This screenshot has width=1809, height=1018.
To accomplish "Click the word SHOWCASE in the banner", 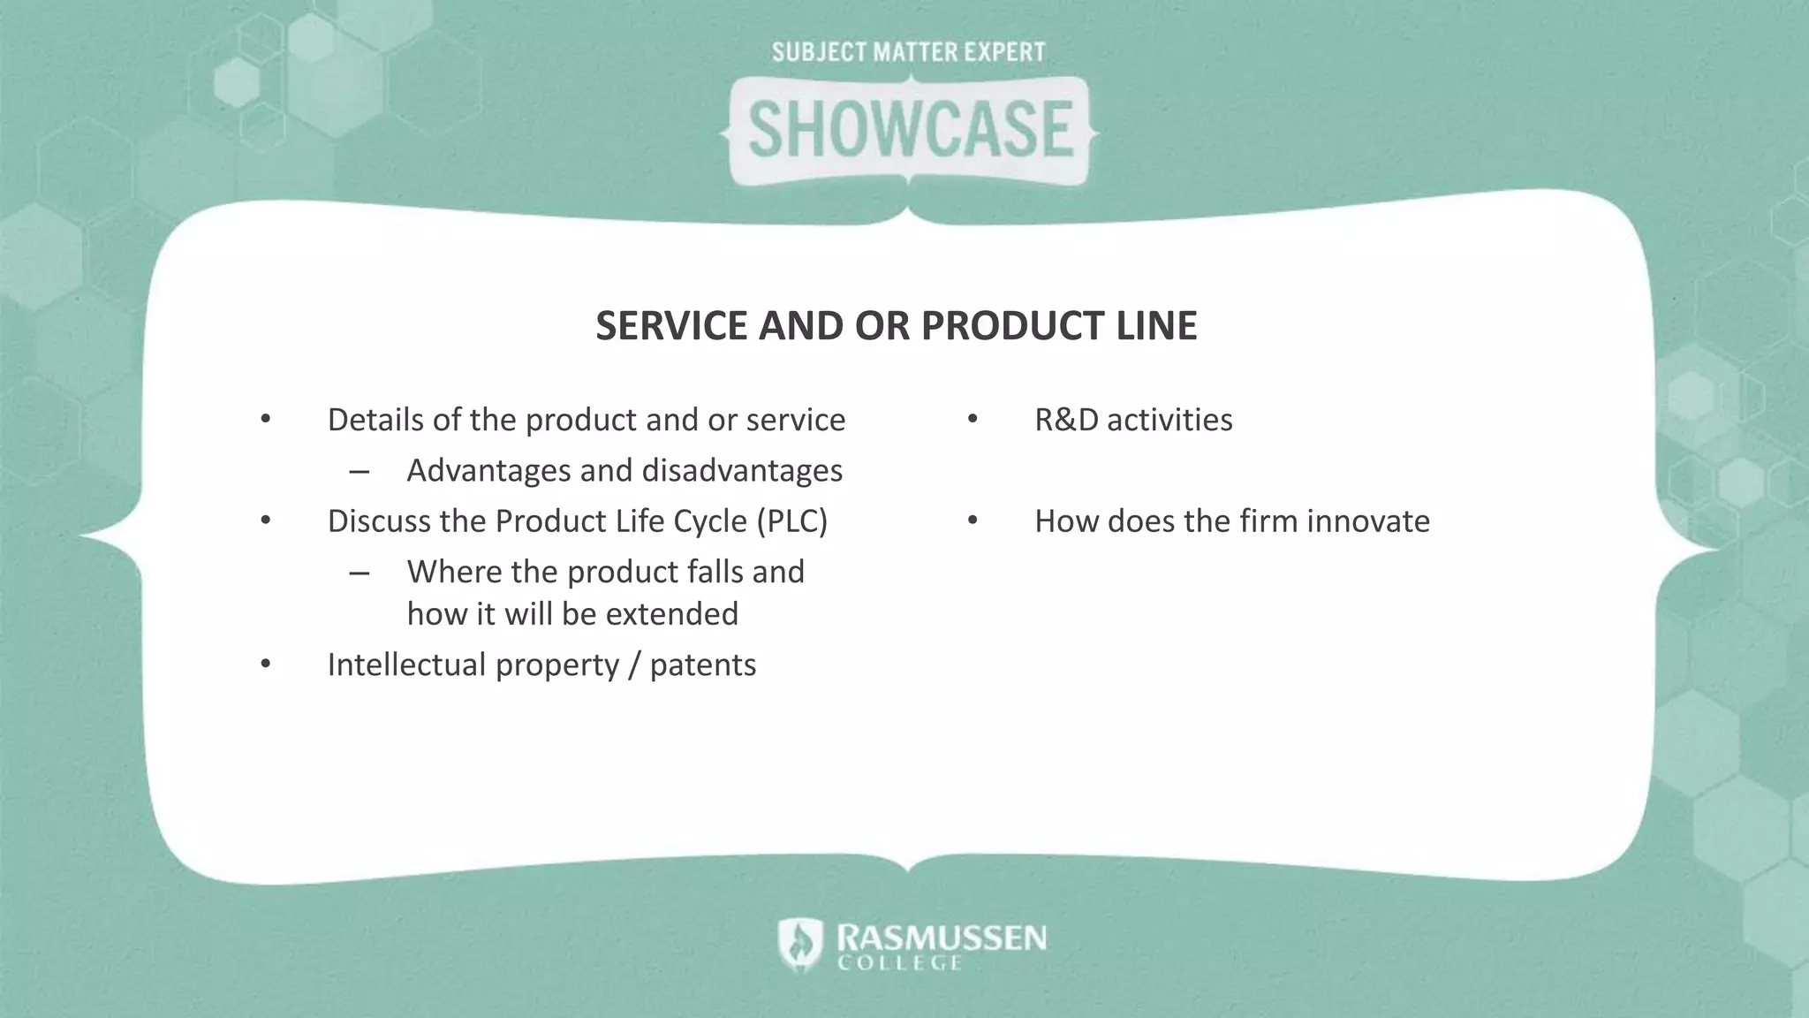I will (910, 130).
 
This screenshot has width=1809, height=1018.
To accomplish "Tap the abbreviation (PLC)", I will (791, 521).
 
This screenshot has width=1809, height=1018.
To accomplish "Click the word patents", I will (703, 665).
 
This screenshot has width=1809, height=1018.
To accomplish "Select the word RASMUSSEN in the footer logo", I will (942, 938).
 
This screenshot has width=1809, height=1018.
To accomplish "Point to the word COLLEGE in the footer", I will (899, 963).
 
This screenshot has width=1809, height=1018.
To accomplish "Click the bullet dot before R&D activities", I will (973, 419).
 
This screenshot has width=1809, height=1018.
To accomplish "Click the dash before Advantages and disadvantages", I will (359, 472).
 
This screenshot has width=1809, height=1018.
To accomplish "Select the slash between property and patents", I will (634, 665).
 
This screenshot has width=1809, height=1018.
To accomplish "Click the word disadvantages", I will (742, 471).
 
